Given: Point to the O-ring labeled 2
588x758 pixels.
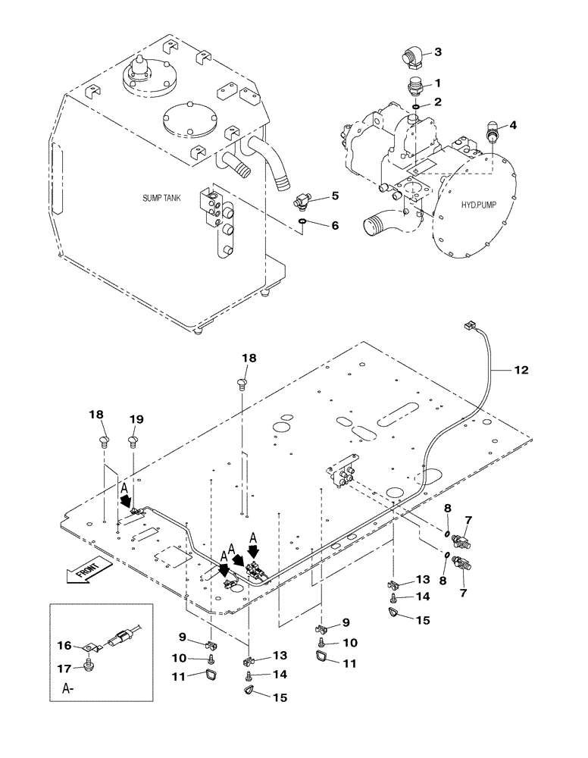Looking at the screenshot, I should click(x=416, y=105).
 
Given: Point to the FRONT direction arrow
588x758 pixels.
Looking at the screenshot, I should click(x=88, y=572).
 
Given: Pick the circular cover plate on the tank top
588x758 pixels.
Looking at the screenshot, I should click(x=189, y=118).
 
